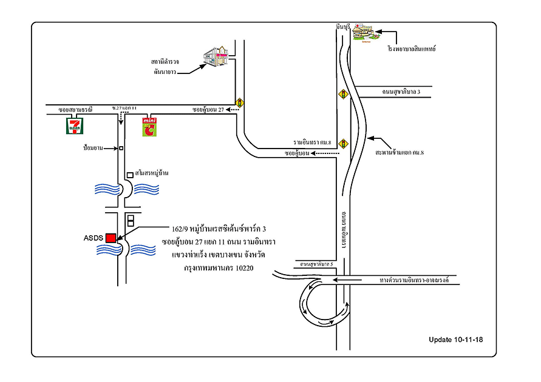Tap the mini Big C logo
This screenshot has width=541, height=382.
[x=149, y=126]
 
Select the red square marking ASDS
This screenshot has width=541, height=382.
[x=111, y=238]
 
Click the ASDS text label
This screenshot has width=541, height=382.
[x=94, y=238]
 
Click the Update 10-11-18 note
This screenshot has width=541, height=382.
[x=454, y=339]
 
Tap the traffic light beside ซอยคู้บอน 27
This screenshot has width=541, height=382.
[x=240, y=103]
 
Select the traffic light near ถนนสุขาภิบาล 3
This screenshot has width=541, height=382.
[x=343, y=95]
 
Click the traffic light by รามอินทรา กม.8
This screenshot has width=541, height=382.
[x=343, y=144]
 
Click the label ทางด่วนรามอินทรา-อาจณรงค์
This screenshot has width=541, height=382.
[x=418, y=281]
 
